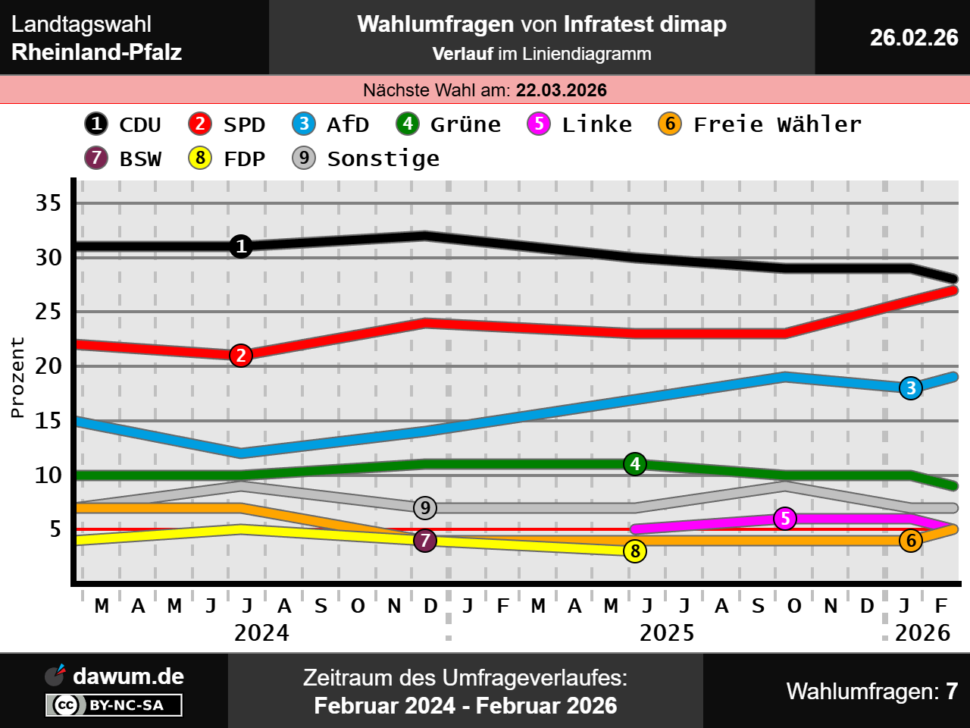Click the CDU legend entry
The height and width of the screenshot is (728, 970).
(x=124, y=124)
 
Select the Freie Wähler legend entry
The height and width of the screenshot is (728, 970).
(x=760, y=124)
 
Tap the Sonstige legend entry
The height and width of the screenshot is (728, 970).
(x=366, y=158)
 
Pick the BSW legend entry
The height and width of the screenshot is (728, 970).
(x=124, y=158)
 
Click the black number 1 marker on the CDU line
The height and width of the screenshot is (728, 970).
(x=241, y=246)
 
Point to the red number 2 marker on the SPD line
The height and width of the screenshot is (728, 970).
(x=241, y=355)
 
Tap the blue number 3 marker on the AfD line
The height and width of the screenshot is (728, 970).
(x=911, y=388)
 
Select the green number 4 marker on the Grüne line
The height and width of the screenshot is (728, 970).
(x=635, y=463)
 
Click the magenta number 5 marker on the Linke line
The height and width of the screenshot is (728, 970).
(x=785, y=519)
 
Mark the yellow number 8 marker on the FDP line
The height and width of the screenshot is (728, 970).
(x=635, y=551)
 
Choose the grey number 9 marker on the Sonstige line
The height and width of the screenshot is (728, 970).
(x=425, y=508)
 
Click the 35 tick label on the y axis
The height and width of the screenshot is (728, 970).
(x=48, y=203)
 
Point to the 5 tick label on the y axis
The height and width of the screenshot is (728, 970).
(x=55, y=529)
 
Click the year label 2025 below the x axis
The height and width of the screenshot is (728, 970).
(x=667, y=633)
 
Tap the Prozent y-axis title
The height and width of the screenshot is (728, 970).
(x=17, y=378)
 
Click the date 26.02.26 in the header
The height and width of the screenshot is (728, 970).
(x=914, y=37)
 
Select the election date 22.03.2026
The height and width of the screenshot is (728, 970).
(x=561, y=90)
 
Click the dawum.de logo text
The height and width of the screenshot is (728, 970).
(x=128, y=676)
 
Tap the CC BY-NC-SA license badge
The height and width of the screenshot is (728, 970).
(x=114, y=705)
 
